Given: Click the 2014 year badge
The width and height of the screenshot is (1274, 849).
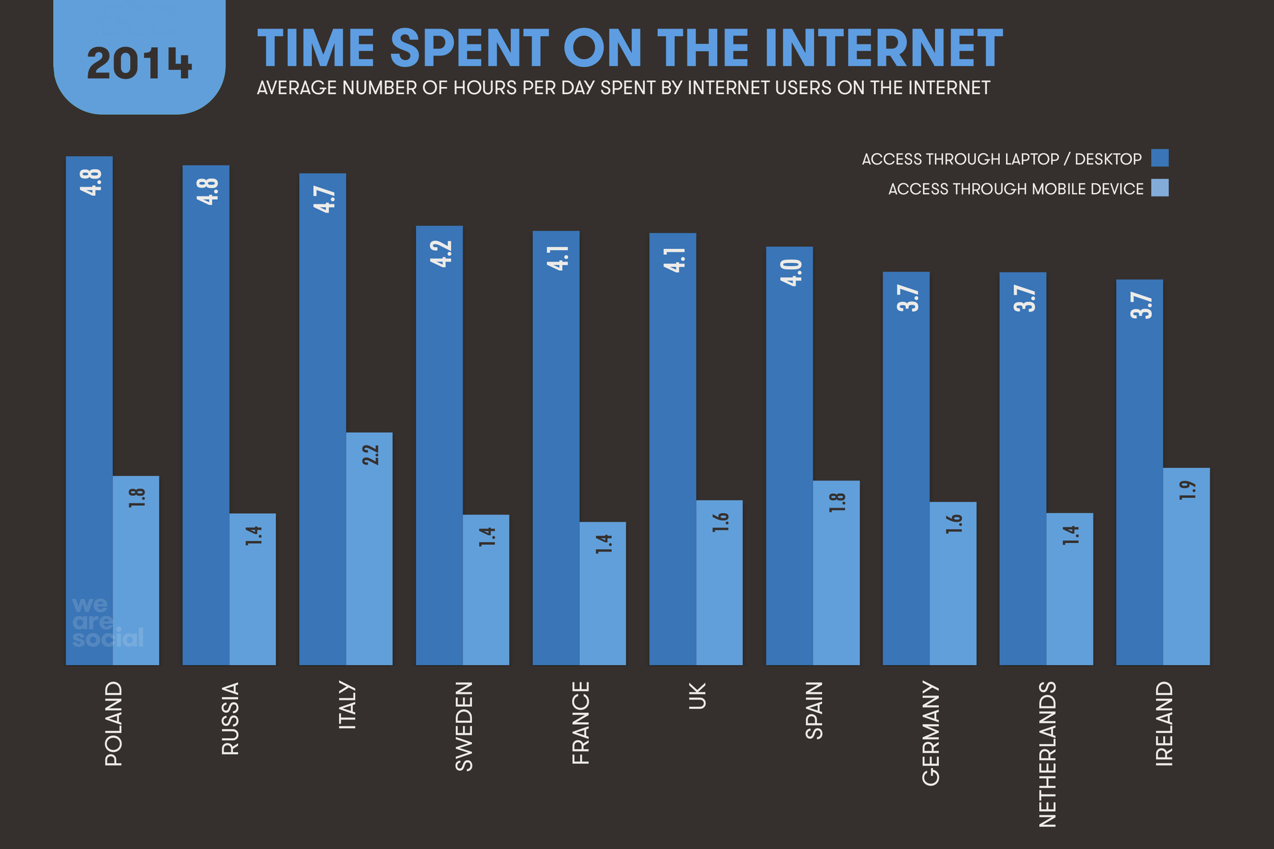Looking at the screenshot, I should pos(139,64).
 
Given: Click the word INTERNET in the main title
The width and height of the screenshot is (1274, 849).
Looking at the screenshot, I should pos(883,48).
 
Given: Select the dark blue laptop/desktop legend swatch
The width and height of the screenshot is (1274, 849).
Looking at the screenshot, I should pos(1159,158).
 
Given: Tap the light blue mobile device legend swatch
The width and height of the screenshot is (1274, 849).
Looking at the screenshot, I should pos(1159,188).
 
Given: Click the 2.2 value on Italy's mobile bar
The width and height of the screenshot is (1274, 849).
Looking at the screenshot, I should pos(370,455).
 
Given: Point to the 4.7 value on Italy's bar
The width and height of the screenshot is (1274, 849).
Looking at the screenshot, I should pos(324,199).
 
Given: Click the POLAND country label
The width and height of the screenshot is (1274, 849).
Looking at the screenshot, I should pos(113,724).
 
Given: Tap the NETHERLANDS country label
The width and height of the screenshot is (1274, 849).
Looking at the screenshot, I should pos(1047,754).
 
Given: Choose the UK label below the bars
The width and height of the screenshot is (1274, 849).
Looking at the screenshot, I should pos(697,696).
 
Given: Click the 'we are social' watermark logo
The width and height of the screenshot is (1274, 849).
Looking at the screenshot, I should pos(106,622).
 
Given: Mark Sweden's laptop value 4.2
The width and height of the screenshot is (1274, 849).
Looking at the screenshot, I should pos(441,254).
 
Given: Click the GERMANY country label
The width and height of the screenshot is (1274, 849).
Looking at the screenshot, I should pos(931,733).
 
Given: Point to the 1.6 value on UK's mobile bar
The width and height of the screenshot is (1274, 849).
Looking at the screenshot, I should pos(721,522).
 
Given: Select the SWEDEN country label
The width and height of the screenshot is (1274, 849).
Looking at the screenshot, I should pos(464,726).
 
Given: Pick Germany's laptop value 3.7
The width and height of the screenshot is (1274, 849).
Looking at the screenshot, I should pos(907,298).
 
